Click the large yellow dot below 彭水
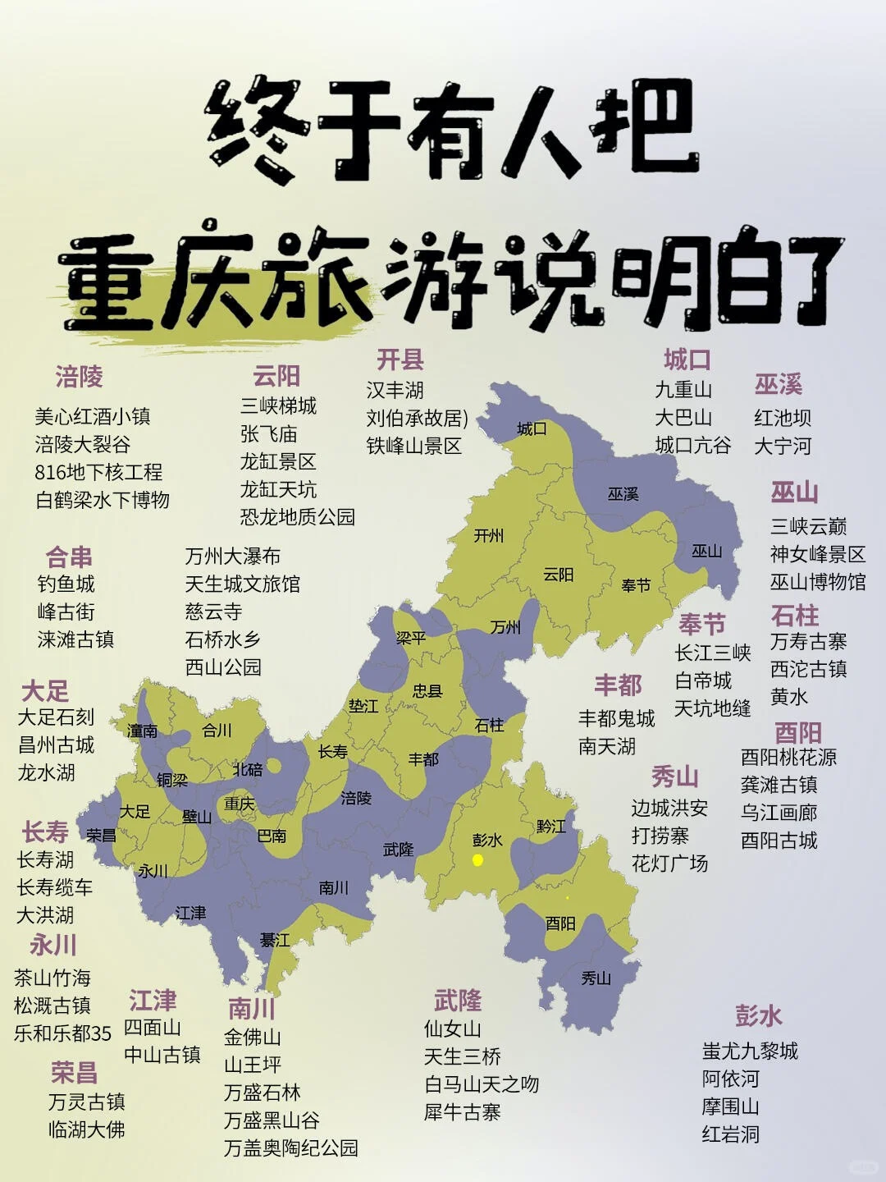(477, 860)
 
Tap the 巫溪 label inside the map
(623, 494)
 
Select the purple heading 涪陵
(79, 378)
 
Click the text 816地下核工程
(98, 472)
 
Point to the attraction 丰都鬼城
(616, 719)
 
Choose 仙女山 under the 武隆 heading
(452, 1029)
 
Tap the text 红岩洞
(730, 1134)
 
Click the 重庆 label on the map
(240, 804)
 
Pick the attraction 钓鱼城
(66, 584)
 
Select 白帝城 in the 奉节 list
(702, 681)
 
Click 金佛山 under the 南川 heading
(252, 1038)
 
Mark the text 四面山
(152, 1028)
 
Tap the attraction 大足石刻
(56, 717)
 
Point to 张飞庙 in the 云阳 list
(268, 434)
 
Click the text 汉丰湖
(395, 391)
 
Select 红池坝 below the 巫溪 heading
(782, 419)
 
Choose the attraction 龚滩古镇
(779, 785)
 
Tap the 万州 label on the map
(505, 628)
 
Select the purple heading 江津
(153, 1001)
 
